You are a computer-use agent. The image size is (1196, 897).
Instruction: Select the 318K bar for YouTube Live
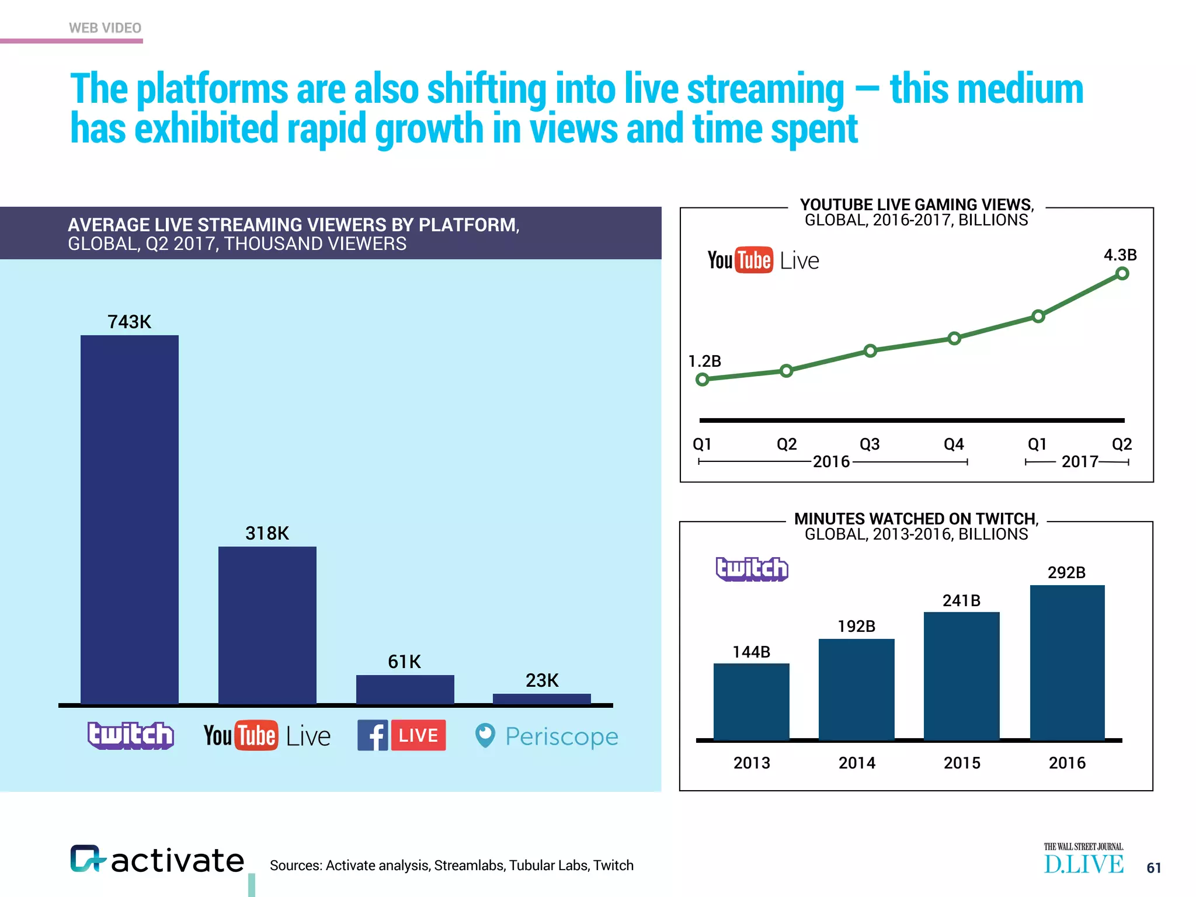(x=267, y=625)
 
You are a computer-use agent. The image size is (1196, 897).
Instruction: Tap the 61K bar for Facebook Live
(x=405, y=689)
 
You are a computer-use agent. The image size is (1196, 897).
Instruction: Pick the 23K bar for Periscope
(x=541, y=698)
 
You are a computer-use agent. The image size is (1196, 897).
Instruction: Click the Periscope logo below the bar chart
(x=547, y=736)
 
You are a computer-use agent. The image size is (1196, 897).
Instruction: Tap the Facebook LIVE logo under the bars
(x=402, y=735)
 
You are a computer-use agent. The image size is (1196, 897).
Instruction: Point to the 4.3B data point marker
(x=1122, y=273)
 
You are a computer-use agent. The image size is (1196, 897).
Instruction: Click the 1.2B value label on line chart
(x=705, y=361)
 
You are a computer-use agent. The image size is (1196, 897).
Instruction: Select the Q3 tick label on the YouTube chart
(x=870, y=444)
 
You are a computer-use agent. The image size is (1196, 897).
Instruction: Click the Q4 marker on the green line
(x=954, y=338)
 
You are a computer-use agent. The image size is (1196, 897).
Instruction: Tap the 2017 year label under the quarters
(x=1080, y=462)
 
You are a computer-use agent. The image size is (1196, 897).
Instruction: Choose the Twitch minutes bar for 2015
(x=961, y=676)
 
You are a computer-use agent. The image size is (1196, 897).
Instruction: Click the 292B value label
(x=1066, y=572)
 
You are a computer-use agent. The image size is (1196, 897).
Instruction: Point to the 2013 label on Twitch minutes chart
(x=752, y=763)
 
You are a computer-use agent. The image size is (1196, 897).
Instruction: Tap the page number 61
(x=1153, y=868)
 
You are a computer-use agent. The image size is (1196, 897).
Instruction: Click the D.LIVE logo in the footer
(x=1083, y=860)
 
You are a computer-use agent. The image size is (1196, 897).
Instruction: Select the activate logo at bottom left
(x=157, y=860)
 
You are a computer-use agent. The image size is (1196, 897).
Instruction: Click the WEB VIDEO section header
(x=105, y=28)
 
